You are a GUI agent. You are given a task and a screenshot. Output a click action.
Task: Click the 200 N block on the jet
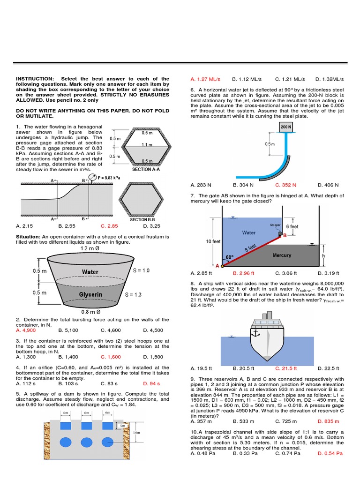tap(285, 127)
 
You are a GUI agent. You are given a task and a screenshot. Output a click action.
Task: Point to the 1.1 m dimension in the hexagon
tap(147, 145)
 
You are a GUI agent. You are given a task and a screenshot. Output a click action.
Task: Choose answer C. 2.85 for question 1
tap(109, 226)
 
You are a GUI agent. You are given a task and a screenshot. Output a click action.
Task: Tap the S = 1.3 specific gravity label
tap(134, 295)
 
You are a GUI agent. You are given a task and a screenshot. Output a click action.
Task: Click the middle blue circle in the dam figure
tap(86, 442)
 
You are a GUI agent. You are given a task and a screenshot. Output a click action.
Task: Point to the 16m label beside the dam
tap(135, 433)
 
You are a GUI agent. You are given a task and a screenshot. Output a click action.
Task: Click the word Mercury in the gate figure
tap(282, 255)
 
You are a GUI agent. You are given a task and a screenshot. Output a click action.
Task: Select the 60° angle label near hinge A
tap(229, 257)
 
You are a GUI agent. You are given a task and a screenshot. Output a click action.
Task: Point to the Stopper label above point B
tap(275, 225)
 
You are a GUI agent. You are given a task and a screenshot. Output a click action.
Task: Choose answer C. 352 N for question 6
tap(285, 185)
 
